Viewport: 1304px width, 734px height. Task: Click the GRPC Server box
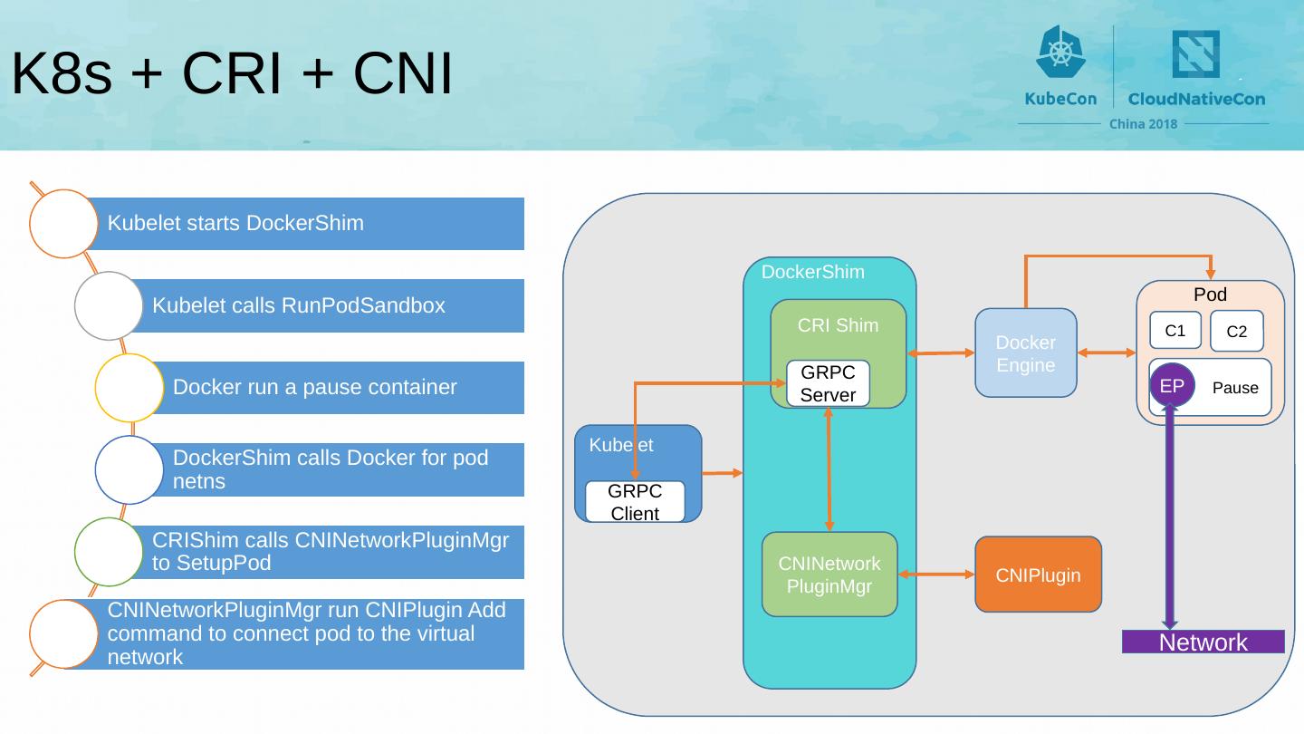[828, 384]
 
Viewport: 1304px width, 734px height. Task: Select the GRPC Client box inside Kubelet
[635, 502]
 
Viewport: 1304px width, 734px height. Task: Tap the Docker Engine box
[1025, 353]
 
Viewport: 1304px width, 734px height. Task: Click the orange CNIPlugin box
[1038, 575]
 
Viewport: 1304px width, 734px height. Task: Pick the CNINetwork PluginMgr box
[829, 575]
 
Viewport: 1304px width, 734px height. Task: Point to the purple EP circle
[1172, 386]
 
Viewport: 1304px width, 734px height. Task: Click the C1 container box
[1175, 331]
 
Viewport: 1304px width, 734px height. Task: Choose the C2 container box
[1236, 332]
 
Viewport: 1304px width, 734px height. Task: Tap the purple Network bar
[1203, 642]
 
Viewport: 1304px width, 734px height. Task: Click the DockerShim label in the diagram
[812, 272]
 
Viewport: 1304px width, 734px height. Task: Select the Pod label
[1210, 295]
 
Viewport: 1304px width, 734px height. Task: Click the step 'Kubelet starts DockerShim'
[235, 223]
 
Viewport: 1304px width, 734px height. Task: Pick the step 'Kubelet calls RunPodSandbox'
[299, 305]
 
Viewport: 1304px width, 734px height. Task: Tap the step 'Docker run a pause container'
[314, 387]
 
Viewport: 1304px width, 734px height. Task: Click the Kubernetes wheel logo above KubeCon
[1059, 52]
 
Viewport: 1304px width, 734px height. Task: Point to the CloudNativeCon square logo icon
[1195, 53]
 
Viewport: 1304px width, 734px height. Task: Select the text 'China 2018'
[1143, 124]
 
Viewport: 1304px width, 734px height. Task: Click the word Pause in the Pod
[1235, 388]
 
